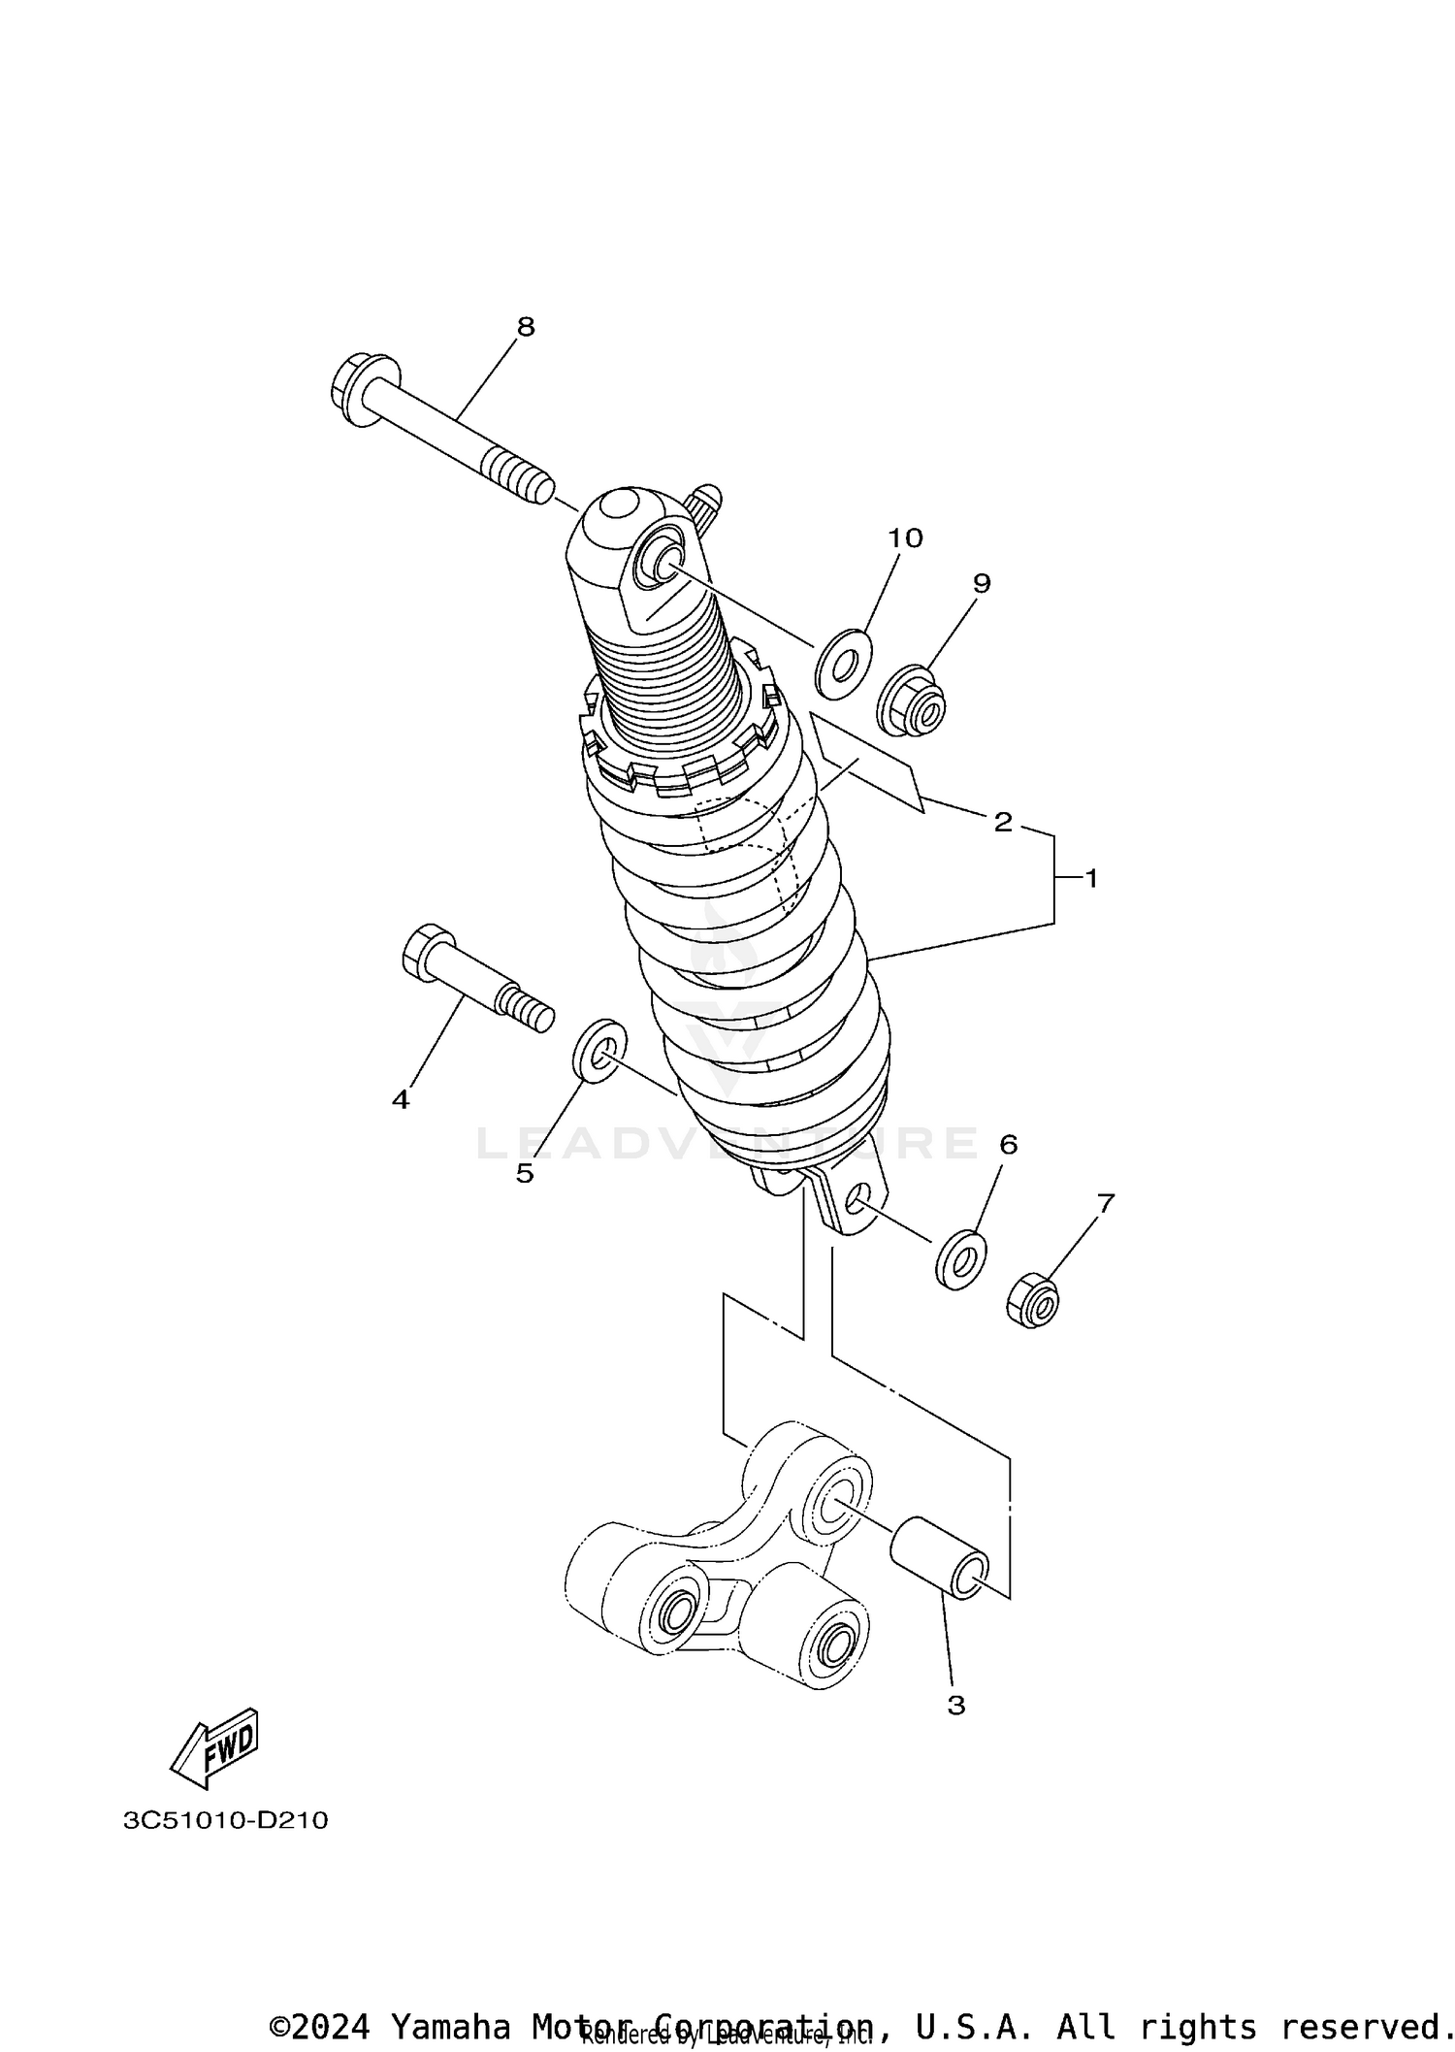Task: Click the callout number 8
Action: point(525,327)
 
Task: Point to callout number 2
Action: point(1002,822)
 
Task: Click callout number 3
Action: point(955,1705)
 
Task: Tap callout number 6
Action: point(1008,1145)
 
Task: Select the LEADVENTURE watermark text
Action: point(727,1143)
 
